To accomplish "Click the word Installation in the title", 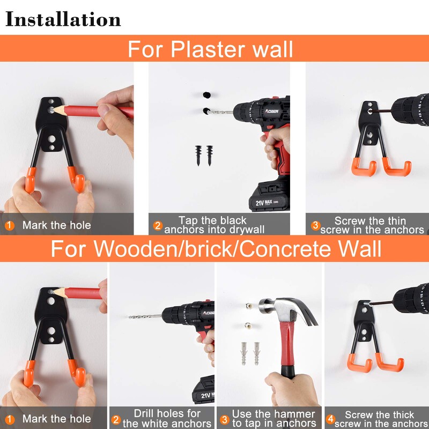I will pos(63,19).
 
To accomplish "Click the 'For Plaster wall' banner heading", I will pos(210,49).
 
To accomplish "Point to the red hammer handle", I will pos(288,351).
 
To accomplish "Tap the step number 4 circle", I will pos(331,419).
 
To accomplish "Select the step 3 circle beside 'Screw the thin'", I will pos(316,225).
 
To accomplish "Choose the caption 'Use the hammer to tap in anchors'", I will pos(273,419).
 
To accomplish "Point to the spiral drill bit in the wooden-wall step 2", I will pos(145,316).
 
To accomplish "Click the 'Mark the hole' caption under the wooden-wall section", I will pos(56,419).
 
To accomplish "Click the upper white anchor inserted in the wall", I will pos(249,305).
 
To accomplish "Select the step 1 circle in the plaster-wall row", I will pos(10,225).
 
